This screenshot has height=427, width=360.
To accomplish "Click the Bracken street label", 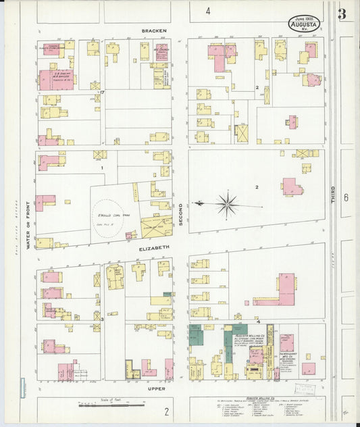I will (153, 31).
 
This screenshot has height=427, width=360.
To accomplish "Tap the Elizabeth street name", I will (153, 249).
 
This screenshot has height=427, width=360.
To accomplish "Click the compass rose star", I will (228, 203).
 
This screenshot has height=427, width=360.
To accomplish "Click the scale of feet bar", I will (111, 405).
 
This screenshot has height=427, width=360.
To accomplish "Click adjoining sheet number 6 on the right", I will (345, 198).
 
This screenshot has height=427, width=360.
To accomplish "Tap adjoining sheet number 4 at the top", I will (208, 11).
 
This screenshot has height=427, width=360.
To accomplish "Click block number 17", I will (102, 92).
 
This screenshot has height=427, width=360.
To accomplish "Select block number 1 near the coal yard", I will (102, 168).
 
